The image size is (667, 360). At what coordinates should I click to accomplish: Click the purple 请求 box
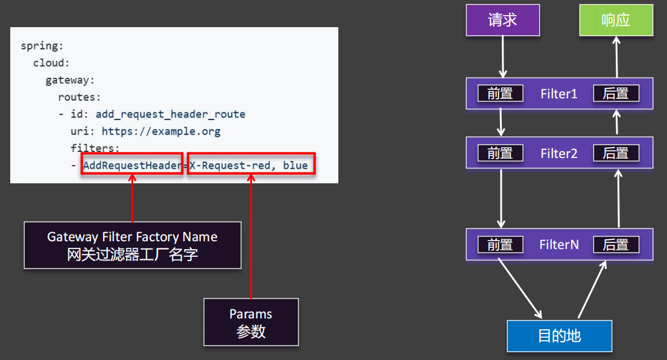pos(502,20)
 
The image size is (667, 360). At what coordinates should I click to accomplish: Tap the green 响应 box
pos(616,20)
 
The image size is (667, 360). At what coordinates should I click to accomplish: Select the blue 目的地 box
pos(559,335)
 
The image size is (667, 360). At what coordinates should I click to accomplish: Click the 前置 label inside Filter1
pos(500,93)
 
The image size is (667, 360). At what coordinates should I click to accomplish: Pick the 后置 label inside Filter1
pos(616,93)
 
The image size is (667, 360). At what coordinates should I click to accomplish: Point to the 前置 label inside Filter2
pos(500,153)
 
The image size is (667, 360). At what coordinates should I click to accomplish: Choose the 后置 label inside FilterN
pos(616,244)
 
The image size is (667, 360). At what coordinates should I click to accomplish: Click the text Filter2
pos(558,153)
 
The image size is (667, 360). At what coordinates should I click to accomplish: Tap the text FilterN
pos(558,244)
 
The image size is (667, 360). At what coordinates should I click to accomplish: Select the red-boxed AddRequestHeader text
pos(132,165)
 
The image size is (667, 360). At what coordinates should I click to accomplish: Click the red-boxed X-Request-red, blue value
pos(251,165)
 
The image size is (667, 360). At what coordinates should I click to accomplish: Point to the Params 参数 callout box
pos(251,322)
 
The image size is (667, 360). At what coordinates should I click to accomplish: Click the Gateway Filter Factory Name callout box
pos(132,245)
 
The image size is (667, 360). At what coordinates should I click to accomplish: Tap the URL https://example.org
pos(161,131)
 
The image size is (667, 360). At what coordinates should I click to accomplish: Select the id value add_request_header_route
pos(171,114)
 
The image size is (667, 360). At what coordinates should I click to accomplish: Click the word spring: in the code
pos(42,46)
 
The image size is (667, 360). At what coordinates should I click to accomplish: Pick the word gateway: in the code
pos(70,80)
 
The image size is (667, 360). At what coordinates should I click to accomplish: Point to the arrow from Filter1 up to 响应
pos(616,57)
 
